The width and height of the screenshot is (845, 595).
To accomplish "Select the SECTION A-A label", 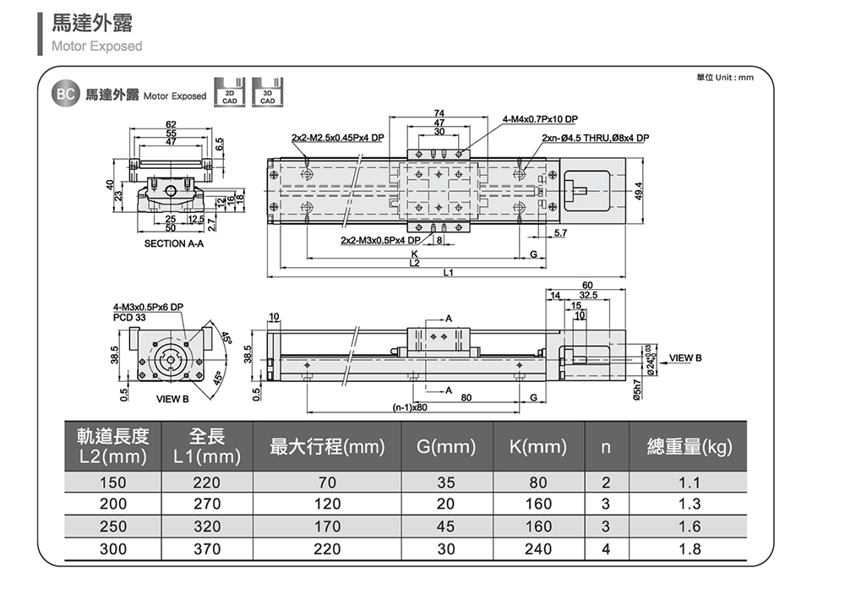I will [174, 243].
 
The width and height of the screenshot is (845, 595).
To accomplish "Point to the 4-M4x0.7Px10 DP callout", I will [541, 119].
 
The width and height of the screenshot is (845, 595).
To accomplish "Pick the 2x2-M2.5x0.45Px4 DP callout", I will [336, 138].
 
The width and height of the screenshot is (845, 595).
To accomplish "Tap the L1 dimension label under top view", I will [448, 272].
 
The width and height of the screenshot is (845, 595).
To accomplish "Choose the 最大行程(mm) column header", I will [327, 446].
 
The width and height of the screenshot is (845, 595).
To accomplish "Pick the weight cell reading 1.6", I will [690, 527].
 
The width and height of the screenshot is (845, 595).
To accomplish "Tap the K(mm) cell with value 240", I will [538, 549].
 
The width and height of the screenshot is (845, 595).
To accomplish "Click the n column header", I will [605, 446].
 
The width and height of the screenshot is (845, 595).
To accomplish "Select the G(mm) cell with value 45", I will [446, 527].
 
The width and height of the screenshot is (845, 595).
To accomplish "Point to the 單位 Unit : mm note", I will [724, 78].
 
